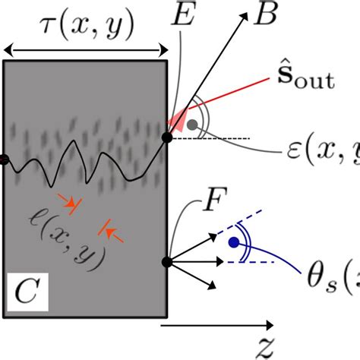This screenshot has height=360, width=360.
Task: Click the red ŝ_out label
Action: click(x=308, y=80)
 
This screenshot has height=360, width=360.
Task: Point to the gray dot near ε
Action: click(x=195, y=124)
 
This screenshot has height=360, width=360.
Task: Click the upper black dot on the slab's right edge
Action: click(x=167, y=137)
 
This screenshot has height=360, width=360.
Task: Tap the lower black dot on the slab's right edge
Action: click(x=167, y=262)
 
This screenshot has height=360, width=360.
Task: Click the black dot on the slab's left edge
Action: click(x=4, y=159)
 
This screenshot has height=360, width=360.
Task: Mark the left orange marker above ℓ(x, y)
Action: click(x=71, y=204)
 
